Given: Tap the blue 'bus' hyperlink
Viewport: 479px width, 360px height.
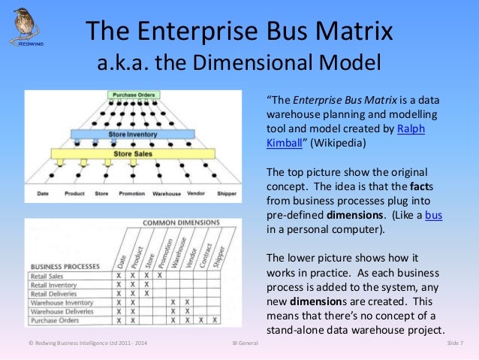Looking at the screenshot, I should (433, 216).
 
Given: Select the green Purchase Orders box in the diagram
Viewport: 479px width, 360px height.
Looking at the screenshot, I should (134, 95).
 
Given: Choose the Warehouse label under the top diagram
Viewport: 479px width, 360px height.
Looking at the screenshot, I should (167, 193).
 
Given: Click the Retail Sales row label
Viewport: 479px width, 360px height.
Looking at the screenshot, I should (48, 276).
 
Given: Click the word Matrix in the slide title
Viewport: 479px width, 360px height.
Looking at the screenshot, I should (348, 32).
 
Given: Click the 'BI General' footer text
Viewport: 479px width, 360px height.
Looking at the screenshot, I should (240, 343).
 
